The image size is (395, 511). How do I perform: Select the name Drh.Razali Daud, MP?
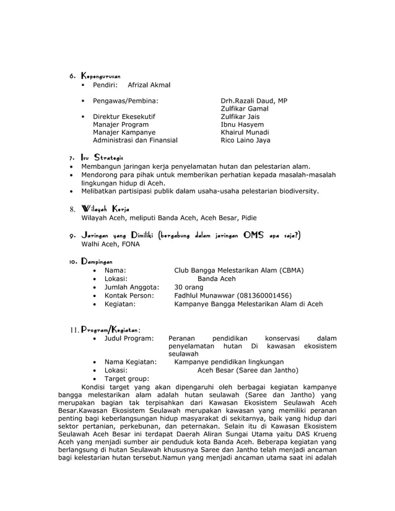[254, 100]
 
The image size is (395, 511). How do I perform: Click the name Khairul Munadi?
[245, 132]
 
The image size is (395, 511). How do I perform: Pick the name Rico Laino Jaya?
[245, 140]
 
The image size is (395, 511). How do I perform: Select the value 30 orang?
[188, 287]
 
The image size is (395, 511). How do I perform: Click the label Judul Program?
[129, 338]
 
